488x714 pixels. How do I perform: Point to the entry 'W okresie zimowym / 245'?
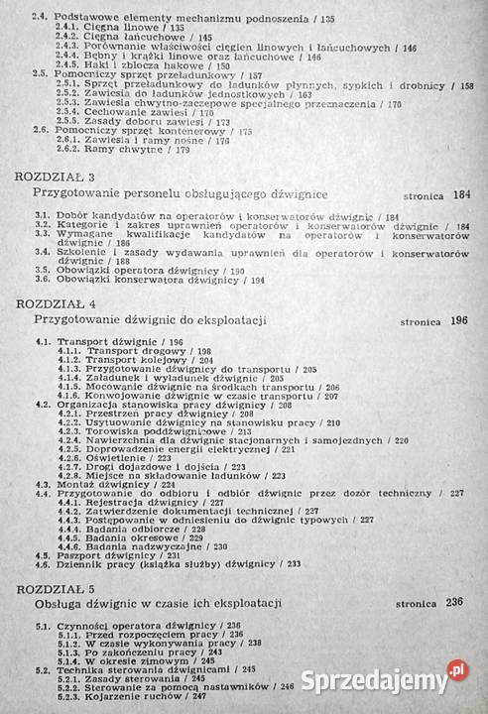point(150,658)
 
